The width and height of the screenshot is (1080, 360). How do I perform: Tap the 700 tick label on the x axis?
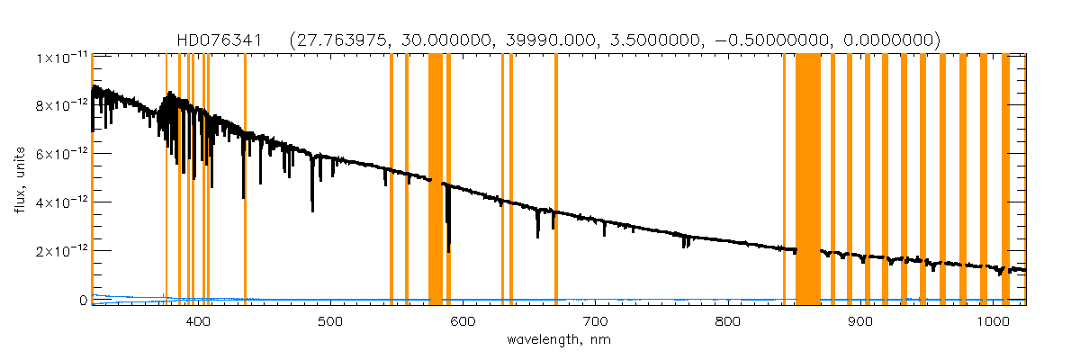595,321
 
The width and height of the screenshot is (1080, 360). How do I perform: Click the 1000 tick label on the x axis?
989,321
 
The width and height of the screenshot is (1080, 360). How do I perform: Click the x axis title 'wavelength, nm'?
559,340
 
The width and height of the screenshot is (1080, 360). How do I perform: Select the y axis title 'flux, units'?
18,179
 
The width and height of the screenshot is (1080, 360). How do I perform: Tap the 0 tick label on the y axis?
82,300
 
